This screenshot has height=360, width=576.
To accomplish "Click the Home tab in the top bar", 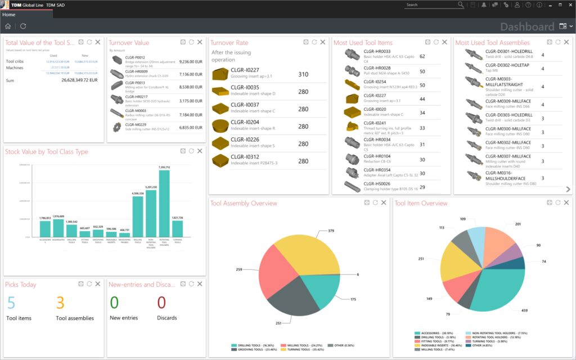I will (8, 15).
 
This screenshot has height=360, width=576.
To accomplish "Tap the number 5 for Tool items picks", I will (11, 303).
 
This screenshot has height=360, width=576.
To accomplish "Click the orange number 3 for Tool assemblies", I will (60, 303).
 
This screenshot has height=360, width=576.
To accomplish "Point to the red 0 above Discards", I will (161, 303).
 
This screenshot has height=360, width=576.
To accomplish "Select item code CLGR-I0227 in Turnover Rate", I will (245, 70).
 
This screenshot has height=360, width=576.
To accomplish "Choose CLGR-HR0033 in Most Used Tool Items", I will (377, 51).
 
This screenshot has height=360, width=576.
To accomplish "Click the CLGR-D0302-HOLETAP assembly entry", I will (505, 65).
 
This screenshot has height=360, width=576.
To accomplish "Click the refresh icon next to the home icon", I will (23, 26).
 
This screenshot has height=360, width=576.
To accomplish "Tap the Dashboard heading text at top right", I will (527, 26).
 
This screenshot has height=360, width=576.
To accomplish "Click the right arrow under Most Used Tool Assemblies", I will (568, 190).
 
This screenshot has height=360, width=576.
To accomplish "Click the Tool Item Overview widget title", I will (421, 204).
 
